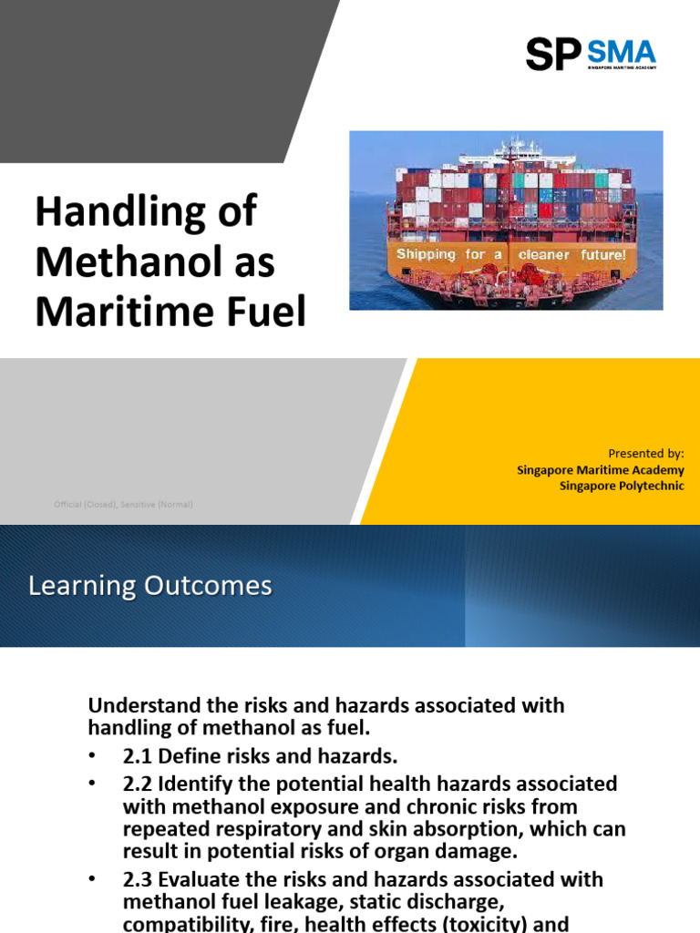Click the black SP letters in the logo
tap(552, 55)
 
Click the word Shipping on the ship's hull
tap(426, 254)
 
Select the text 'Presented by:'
tap(645, 453)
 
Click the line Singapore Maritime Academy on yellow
tap(600, 469)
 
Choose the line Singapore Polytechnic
tap(622, 486)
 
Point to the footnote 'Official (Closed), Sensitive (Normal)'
tap(123, 504)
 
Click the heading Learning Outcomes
tap(150, 586)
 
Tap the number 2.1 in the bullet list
tap(138, 755)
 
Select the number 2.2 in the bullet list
tap(138, 784)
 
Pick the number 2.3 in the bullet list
tap(138, 879)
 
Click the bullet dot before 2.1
tap(93, 756)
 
